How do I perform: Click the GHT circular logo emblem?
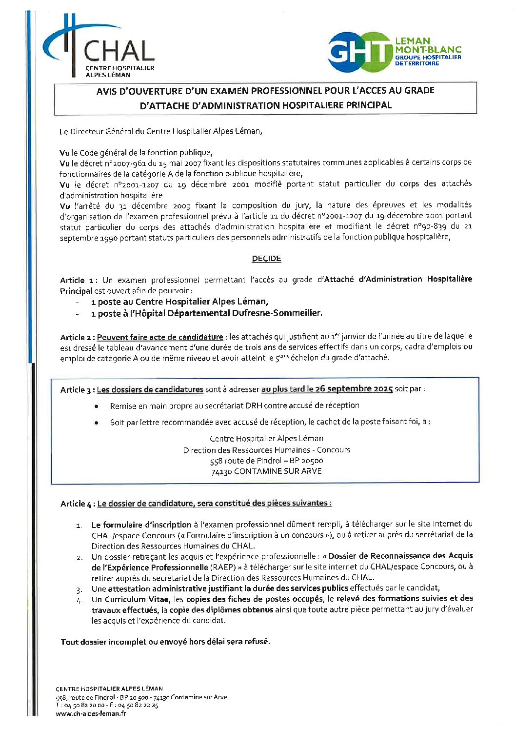[x=360, y=52]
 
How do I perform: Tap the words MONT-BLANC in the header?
[x=428, y=50]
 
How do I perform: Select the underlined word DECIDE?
[x=266, y=259]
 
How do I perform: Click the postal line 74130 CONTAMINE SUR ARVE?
[x=266, y=471]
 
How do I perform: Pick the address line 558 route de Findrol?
[x=266, y=461]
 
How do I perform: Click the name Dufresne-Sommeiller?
[x=282, y=313]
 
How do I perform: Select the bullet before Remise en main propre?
[x=97, y=406]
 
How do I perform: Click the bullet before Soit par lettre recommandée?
[x=97, y=423]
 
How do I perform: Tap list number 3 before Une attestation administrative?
[x=79, y=589]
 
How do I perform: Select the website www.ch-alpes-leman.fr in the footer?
[x=91, y=713]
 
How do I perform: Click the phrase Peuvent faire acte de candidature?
[x=160, y=337]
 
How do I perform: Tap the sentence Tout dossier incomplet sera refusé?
[x=165, y=642]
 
